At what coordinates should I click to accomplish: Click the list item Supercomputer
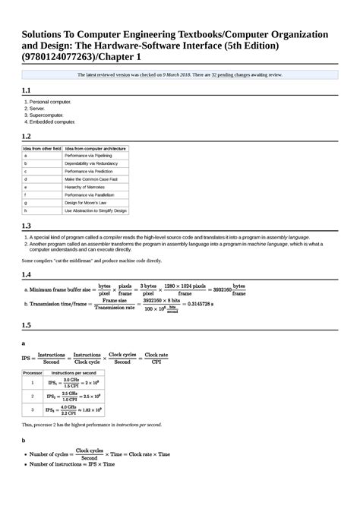tap(52, 115)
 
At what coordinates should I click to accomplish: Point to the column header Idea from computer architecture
tap(96, 147)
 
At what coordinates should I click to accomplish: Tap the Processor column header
tap(33, 374)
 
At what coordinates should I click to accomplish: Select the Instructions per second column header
tap(73, 374)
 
